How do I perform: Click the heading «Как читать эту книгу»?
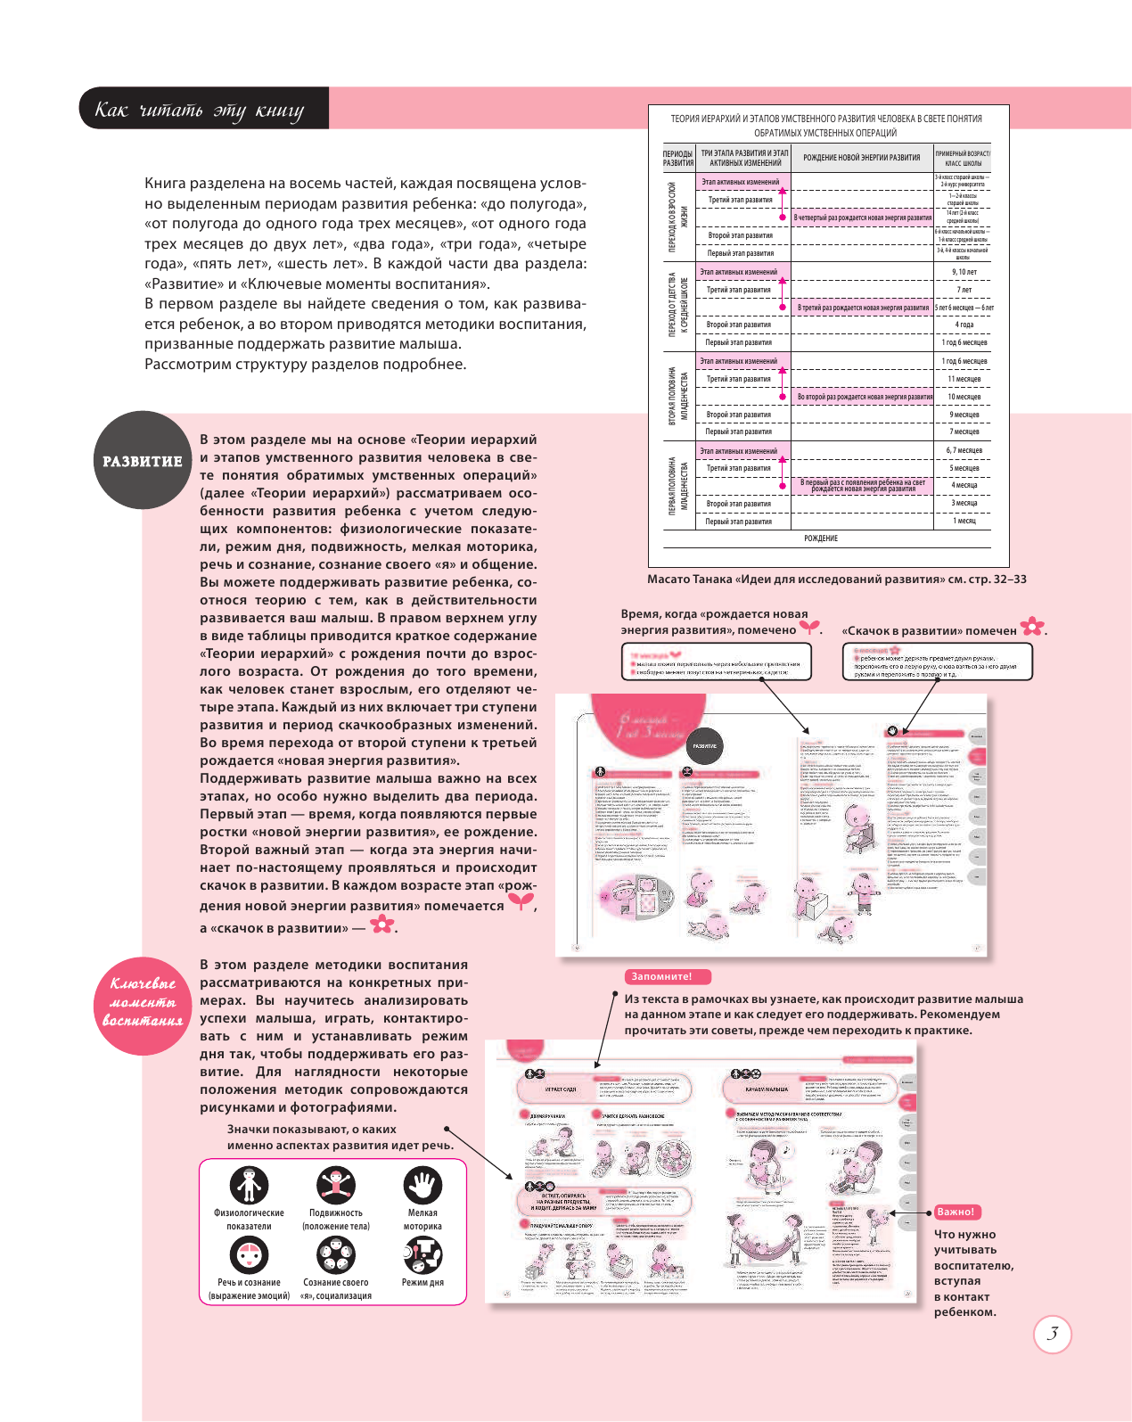pyautogui.click(x=200, y=110)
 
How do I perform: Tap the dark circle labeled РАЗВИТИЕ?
pyautogui.click(x=143, y=460)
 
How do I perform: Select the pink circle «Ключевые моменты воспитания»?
pyautogui.click(x=143, y=1003)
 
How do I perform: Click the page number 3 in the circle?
pyautogui.click(x=1052, y=1334)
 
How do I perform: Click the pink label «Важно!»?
pyautogui.click(x=956, y=1212)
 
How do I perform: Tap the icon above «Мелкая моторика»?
pyautogui.click(x=422, y=1185)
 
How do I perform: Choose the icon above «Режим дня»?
pyautogui.click(x=422, y=1255)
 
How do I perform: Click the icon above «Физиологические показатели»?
pyautogui.click(x=249, y=1185)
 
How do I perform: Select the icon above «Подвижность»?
pyautogui.click(x=336, y=1185)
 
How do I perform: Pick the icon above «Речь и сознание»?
pyautogui.click(x=249, y=1255)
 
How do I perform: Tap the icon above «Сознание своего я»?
pyautogui.click(x=336, y=1255)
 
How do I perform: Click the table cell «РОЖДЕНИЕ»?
pyautogui.click(x=820, y=538)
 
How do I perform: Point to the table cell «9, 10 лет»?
pyautogui.click(x=964, y=272)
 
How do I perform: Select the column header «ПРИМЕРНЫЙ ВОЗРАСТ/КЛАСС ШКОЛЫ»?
pyautogui.click(x=963, y=158)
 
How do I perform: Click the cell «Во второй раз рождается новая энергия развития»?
pyautogui.click(x=864, y=397)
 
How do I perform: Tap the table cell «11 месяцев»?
pyautogui.click(x=964, y=379)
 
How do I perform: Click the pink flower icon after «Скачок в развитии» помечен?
pyautogui.click(x=1032, y=627)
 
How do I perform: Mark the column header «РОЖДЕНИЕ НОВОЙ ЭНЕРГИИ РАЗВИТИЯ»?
pyautogui.click(x=861, y=158)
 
